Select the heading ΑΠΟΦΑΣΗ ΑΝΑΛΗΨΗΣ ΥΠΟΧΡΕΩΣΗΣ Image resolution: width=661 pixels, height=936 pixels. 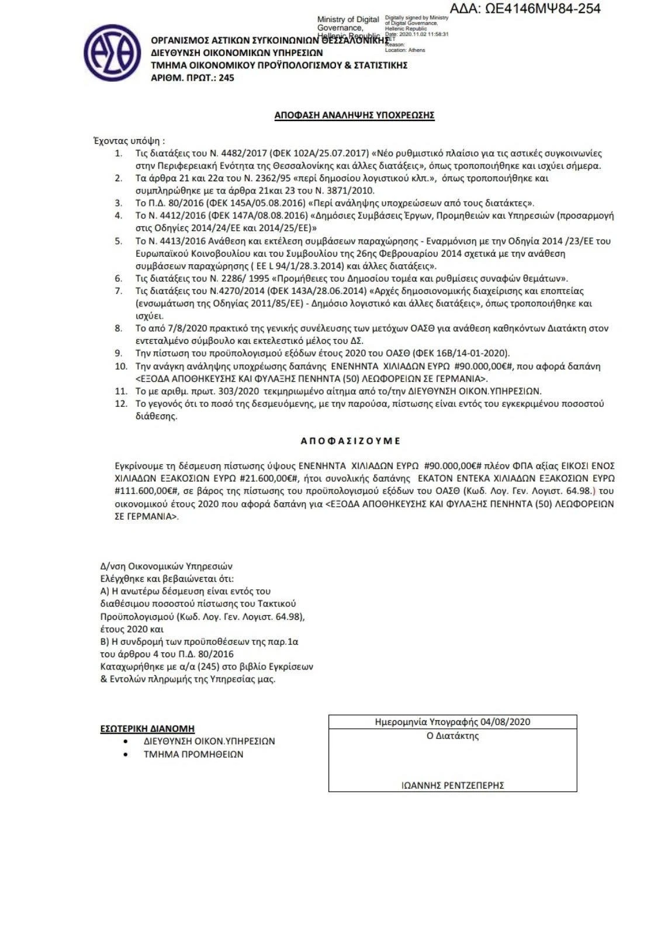pyautogui.click(x=354, y=116)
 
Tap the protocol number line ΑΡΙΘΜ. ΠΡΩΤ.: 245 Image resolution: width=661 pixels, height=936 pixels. pyautogui.click(x=192, y=77)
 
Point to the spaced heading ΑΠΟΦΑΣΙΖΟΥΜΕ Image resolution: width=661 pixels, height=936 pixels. pyautogui.click(x=351, y=441)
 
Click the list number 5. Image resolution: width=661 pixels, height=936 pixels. pyautogui.click(x=119, y=241)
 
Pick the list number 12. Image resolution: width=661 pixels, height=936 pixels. pyautogui.click(x=121, y=404)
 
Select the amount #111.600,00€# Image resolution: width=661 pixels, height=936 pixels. pyautogui.click(x=142, y=491)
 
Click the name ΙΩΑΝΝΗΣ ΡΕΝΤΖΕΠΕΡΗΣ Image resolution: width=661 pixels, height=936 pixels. pyautogui.click(x=452, y=785)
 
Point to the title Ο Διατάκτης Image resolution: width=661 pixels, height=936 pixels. pyautogui.click(x=452, y=736)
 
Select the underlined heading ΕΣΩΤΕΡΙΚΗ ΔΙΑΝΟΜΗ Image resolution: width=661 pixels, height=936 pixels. pyautogui.click(x=147, y=728)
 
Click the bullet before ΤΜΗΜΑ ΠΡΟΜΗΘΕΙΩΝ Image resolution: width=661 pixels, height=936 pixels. pyautogui.click(x=126, y=755)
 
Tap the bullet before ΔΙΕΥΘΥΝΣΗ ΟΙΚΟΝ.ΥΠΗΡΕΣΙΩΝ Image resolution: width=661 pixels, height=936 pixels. pyautogui.click(x=126, y=741)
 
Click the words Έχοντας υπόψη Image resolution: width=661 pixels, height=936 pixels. pyautogui.click(x=129, y=140)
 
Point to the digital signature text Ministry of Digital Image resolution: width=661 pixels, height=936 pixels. pyautogui.click(x=348, y=20)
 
